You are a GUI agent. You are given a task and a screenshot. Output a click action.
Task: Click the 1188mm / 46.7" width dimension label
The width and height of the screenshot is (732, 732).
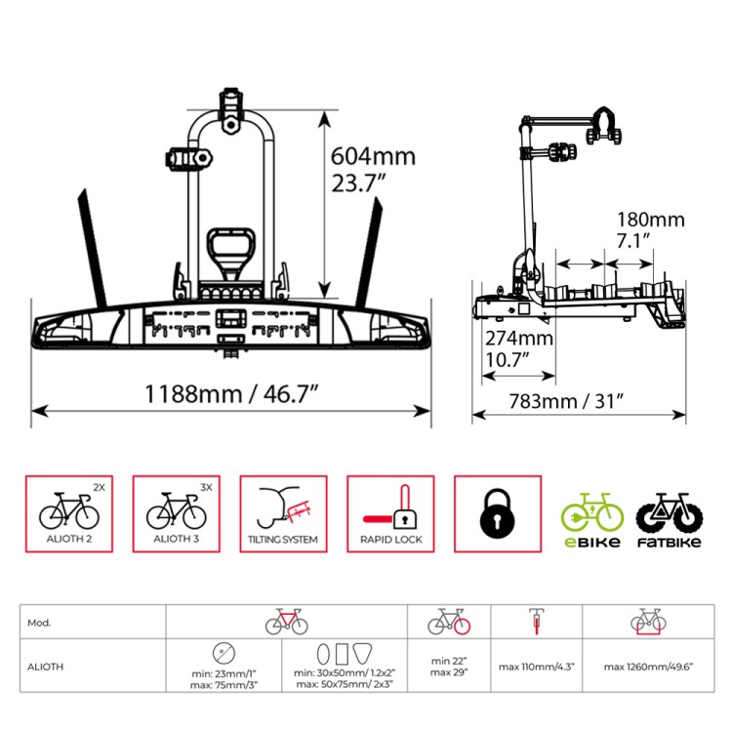click(231, 394)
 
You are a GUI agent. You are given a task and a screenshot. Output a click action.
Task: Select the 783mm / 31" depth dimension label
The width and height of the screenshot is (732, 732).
click(566, 401)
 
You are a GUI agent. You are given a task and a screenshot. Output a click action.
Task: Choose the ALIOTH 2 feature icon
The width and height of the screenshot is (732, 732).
click(69, 514)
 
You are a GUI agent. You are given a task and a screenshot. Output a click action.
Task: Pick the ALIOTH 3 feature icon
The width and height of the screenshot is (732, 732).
click(177, 514)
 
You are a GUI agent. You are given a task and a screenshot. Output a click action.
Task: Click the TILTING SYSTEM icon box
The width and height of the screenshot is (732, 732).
click(283, 514)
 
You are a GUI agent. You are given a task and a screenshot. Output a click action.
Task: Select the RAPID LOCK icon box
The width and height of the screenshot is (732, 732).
click(390, 514)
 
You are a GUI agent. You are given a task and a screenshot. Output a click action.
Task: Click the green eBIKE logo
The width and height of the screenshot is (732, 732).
click(592, 520)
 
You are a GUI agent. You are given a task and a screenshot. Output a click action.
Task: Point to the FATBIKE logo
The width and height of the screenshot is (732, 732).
click(670, 520)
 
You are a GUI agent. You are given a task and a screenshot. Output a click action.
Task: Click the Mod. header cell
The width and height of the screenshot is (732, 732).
click(93, 623)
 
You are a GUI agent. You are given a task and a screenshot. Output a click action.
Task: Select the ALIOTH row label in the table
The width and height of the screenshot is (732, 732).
click(93, 666)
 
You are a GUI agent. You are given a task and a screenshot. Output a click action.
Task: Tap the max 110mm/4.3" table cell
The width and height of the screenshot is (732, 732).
click(537, 667)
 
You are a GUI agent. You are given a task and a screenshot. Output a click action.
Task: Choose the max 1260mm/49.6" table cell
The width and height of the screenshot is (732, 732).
click(648, 667)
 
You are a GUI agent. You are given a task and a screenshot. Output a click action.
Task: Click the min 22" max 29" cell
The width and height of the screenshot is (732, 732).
click(449, 667)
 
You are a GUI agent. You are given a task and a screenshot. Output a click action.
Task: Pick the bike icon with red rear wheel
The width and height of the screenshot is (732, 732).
click(449, 622)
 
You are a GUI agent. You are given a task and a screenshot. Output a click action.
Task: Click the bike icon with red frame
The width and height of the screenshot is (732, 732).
click(287, 622)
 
